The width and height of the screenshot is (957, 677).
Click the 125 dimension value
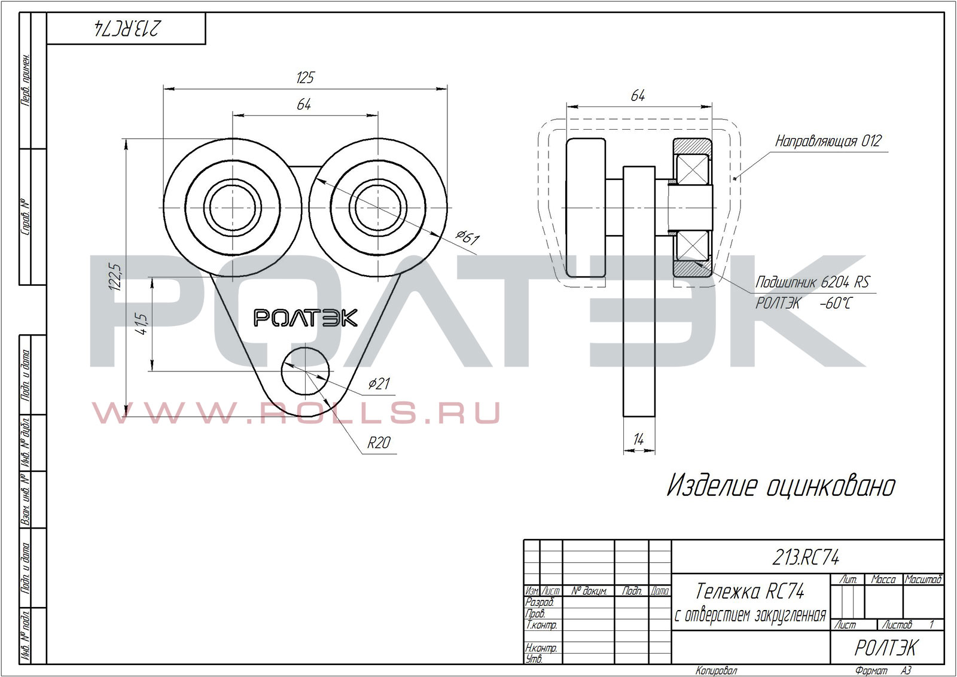click(x=305, y=78)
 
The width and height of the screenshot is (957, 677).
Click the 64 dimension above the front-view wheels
click(x=304, y=105)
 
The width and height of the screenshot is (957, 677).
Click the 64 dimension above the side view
click(x=638, y=96)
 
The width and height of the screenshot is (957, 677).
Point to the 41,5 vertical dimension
click(x=142, y=324)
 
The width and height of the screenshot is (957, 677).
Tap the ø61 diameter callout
click(x=467, y=238)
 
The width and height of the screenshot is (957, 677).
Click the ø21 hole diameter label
click(x=379, y=383)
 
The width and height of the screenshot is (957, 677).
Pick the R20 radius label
click(x=379, y=443)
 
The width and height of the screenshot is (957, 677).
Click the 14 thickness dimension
click(x=638, y=440)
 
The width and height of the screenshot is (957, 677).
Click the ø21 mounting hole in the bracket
click(x=306, y=371)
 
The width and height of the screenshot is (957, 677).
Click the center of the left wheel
click(x=232, y=208)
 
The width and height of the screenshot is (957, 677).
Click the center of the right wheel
click(x=378, y=208)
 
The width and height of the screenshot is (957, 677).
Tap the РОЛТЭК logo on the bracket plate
click(x=306, y=318)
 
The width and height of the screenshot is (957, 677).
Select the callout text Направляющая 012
click(x=828, y=142)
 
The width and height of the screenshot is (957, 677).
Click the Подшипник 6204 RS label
click(x=812, y=282)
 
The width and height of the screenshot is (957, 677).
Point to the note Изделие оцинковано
click(x=781, y=486)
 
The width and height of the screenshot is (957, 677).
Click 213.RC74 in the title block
click(x=806, y=558)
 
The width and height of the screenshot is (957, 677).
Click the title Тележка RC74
click(x=750, y=591)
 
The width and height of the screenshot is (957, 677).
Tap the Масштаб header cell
click(x=923, y=580)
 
